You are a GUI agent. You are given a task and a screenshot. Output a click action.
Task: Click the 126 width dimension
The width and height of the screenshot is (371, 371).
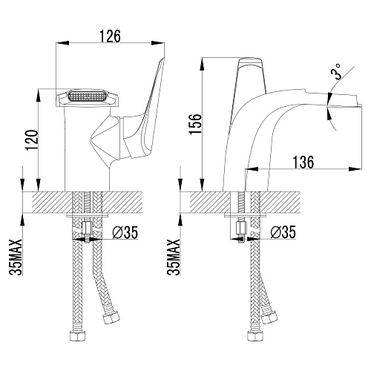point(111,36)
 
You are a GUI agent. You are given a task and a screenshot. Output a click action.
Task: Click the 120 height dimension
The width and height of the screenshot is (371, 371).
point(33,139)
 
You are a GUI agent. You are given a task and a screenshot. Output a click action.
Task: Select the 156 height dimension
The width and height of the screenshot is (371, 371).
point(195,124)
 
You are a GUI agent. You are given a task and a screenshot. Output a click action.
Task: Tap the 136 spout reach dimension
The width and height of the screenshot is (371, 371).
point(303,162)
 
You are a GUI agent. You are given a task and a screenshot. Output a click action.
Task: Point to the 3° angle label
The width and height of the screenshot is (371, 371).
point(335,71)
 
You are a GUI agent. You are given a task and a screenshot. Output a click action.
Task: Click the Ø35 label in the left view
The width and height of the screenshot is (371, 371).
point(125,232)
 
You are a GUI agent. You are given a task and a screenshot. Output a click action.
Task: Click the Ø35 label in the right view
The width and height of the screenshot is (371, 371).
point(283,232)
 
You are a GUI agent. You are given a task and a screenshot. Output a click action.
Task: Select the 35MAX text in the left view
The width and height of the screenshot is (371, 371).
point(16,257)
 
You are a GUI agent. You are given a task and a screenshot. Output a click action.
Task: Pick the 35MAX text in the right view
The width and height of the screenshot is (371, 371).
point(174,257)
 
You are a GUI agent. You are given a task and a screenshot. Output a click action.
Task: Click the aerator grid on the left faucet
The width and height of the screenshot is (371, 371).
point(86,96)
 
